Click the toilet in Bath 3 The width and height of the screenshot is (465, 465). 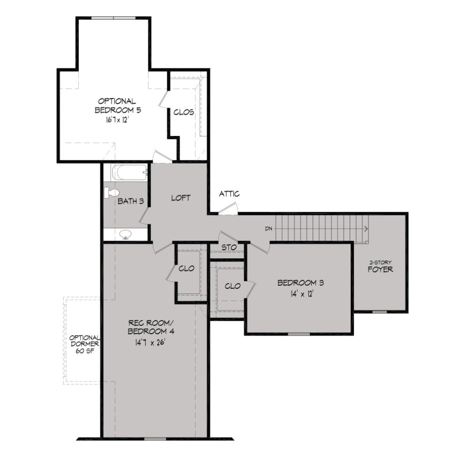click(x=112, y=192)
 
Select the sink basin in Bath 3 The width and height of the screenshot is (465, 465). click(x=126, y=234)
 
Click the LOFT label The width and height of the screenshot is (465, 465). click(x=180, y=198)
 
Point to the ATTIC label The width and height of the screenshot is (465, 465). click(x=230, y=194)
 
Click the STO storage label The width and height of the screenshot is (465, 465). click(x=228, y=247)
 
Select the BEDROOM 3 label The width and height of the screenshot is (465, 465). click(x=300, y=283)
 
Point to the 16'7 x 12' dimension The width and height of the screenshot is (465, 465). click(x=118, y=120)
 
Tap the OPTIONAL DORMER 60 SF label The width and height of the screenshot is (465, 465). click(x=84, y=345)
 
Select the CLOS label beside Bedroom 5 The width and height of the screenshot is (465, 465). click(x=184, y=112)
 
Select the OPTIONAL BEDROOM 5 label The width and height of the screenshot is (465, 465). click(x=118, y=105)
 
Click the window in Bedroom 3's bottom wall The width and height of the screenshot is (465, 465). click(x=299, y=334)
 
